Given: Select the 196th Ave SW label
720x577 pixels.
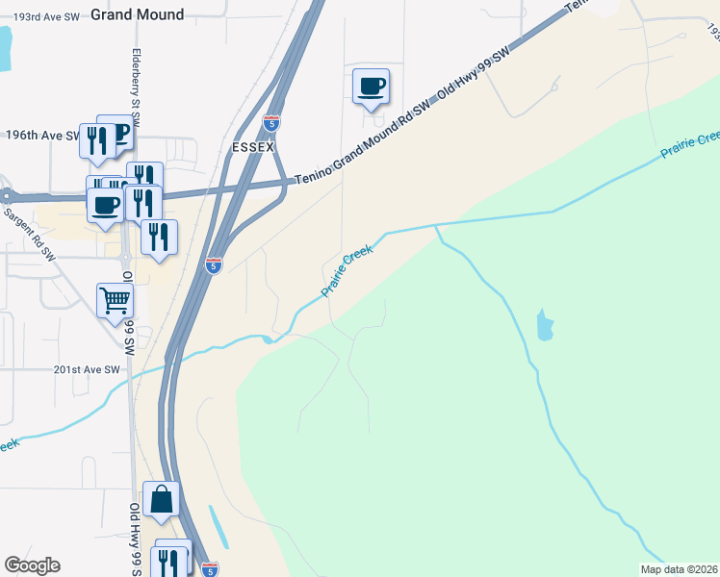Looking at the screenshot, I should [42, 136].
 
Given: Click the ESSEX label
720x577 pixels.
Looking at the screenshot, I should [254, 149].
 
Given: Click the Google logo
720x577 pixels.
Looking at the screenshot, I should [32, 565].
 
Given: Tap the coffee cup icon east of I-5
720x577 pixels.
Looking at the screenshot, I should [371, 88].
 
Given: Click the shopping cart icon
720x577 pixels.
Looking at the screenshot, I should [116, 301].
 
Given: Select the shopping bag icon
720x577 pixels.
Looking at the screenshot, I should [162, 499].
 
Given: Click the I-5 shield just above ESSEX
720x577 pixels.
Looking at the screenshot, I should [271, 123].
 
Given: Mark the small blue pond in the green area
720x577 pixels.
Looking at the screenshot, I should [546, 326].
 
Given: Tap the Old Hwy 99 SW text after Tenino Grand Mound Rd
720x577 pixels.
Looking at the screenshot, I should [473, 75].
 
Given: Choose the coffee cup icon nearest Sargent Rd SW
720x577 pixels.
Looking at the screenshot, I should [106, 205].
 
